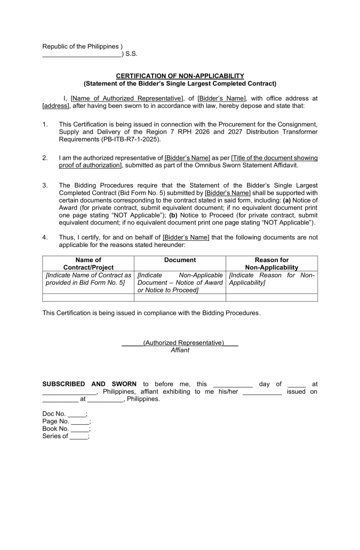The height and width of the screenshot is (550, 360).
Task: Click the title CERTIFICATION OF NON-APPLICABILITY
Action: pyautogui.click(x=180, y=76)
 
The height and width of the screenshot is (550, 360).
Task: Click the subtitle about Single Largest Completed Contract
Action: pyautogui.click(x=180, y=83)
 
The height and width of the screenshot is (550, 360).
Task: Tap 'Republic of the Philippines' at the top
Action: pyautogui.click(x=81, y=46)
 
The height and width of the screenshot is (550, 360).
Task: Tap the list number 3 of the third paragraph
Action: pyautogui.click(x=45, y=185)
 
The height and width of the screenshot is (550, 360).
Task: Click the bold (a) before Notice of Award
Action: pyautogui.click(x=288, y=200)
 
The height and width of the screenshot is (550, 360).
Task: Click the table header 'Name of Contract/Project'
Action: pyautogui.click(x=88, y=264)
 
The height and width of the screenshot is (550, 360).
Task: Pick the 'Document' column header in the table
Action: pyautogui.click(x=180, y=260)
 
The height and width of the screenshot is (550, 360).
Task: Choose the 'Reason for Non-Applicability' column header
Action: pyautogui.click(x=271, y=264)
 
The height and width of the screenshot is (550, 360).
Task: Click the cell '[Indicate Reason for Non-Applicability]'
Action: pyautogui.click(x=271, y=279)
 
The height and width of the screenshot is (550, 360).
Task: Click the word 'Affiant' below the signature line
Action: pyautogui.click(x=180, y=350)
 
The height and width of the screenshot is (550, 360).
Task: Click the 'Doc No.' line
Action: pyautogui.click(x=64, y=414)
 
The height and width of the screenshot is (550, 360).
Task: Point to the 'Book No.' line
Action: pyautogui.click(x=66, y=429)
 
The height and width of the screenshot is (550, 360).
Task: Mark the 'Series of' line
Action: pyautogui.click(x=65, y=436)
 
